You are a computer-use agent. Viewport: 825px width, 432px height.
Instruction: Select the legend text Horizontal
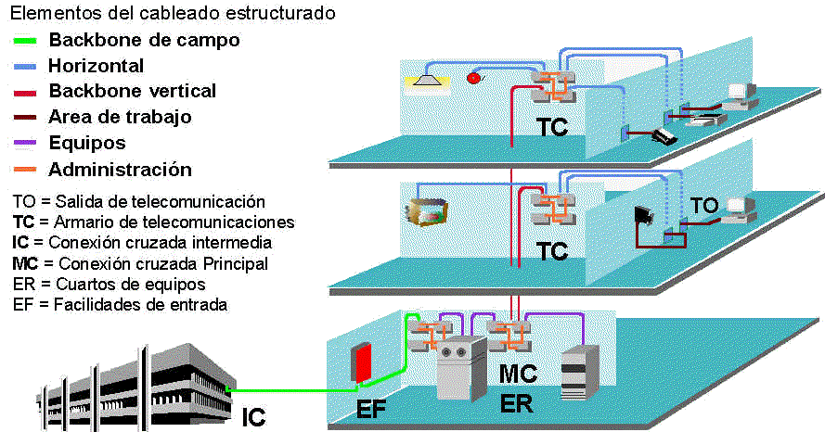point(96,66)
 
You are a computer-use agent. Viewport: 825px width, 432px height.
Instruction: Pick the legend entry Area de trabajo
point(120,117)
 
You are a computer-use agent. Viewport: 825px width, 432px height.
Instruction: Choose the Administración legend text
point(120,170)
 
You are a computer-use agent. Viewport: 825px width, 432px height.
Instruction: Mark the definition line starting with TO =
point(139,202)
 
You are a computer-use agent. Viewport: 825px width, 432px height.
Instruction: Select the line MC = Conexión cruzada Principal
point(140,263)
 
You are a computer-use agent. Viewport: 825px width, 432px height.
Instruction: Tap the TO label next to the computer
point(703,206)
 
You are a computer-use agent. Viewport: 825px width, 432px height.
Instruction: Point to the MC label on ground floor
point(519,375)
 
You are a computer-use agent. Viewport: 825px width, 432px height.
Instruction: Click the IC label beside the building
point(252,417)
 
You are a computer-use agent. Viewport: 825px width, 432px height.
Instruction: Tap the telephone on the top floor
point(664,136)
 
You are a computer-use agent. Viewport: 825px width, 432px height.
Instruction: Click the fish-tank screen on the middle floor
point(425,210)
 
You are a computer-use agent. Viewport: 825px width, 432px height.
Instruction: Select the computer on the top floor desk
point(739,95)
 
